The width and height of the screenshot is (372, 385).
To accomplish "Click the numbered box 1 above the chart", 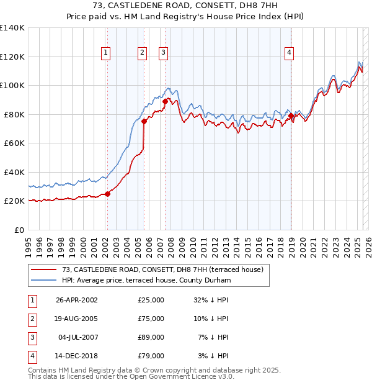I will pyautogui.click(x=107, y=53).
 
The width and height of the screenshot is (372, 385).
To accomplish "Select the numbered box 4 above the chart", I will pyautogui.click(x=289, y=53).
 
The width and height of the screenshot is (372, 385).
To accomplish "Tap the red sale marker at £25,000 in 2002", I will pyautogui.click(x=107, y=194).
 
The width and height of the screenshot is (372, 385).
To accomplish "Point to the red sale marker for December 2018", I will pyautogui.click(x=291, y=115).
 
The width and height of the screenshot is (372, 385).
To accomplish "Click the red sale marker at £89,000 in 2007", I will pyautogui.click(x=165, y=101).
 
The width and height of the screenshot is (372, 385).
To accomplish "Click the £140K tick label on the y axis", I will pyautogui.click(x=12, y=28).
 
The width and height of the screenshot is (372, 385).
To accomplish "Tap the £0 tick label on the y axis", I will pyautogui.click(x=19, y=230).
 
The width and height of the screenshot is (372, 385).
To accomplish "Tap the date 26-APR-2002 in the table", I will pyautogui.click(x=77, y=300).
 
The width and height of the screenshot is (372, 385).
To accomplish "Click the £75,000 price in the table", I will pyautogui.click(x=151, y=319).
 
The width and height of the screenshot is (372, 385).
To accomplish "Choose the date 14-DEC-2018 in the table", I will pyautogui.click(x=77, y=356).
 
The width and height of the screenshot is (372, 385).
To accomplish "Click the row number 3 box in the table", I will pyautogui.click(x=32, y=338).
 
